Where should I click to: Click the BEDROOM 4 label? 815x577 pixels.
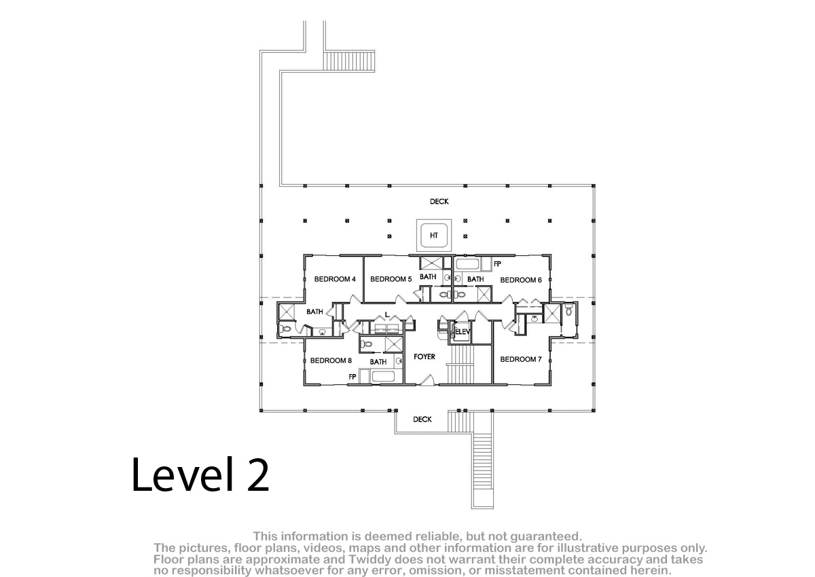335,279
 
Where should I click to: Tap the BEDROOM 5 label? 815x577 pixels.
391,279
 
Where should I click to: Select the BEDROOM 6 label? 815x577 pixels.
521,280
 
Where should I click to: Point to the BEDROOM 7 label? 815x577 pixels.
521,359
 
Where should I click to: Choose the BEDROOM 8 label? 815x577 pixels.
331,360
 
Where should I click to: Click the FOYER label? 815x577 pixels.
424,356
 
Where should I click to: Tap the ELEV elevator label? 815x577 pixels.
463,331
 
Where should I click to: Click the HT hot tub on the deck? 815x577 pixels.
434,236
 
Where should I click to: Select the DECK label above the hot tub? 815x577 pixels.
439,202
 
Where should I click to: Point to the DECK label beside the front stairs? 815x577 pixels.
422,420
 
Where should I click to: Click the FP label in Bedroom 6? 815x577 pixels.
497,264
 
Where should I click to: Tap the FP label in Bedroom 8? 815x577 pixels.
352,377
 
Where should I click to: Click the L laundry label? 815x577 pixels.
386,314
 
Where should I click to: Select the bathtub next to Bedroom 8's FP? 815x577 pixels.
383,376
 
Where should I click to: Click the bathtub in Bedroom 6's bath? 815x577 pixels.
468,264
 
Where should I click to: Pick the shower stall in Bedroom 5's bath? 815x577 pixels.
431,263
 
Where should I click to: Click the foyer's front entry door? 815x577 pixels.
427,380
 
